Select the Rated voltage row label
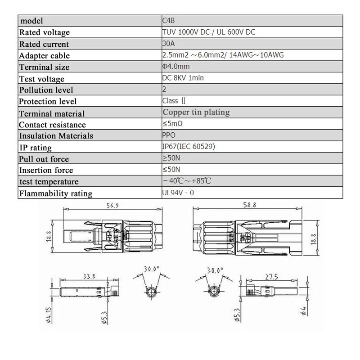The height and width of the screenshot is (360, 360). click(44, 32)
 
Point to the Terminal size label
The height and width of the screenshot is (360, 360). click(44, 67)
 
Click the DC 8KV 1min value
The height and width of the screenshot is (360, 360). click(183, 78)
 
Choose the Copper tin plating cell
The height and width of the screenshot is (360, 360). click(196, 112)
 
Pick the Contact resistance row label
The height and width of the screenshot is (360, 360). click(52, 125)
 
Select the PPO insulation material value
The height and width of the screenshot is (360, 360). click(169, 135)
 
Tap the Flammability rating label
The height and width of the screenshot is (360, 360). click(55, 193)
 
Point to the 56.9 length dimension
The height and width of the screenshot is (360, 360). click(111, 206)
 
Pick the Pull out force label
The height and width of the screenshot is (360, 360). click(44, 159)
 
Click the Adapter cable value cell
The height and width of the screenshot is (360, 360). click(223, 55)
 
